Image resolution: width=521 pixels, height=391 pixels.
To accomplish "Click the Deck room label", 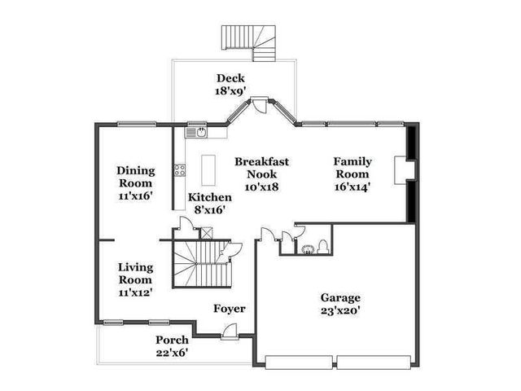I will (230, 78).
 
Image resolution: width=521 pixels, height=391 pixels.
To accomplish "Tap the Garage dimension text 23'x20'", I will (340, 310).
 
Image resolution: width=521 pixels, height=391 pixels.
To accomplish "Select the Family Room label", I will (352, 168).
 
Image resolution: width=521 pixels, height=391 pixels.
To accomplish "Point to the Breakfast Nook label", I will (261, 168).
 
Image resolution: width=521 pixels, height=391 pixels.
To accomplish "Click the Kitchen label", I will (210, 197).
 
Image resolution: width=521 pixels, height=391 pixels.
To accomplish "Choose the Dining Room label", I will (135, 177).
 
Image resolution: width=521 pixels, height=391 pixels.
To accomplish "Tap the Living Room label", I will (135, 273).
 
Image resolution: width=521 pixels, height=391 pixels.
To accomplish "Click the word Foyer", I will (230, 309).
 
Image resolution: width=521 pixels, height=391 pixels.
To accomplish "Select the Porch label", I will (173, 340).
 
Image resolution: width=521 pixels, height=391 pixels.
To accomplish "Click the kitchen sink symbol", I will (196, 130).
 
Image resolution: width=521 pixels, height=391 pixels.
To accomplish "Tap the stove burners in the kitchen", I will (179, 170).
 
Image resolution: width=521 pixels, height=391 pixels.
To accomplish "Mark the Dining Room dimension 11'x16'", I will (135, 195).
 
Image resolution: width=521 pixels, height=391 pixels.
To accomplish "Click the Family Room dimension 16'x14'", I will (352, 187).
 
